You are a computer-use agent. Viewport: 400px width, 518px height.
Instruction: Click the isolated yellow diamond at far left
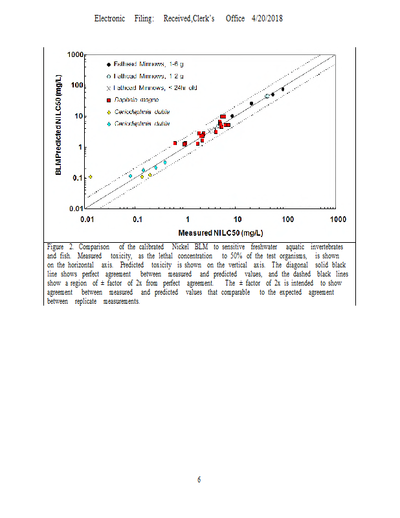tap(90, 176)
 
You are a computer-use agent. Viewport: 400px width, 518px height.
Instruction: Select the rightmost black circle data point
tap(282, 89)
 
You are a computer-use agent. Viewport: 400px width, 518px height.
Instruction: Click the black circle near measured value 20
tap(251, 104)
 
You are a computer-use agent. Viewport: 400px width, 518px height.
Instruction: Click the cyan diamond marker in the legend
tap(108, 123)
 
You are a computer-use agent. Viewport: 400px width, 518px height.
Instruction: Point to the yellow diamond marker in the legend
tap(108, 111)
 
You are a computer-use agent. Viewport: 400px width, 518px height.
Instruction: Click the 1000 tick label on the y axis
tap(76, 56)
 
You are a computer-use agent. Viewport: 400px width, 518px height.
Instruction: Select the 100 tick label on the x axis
tap(287, 220)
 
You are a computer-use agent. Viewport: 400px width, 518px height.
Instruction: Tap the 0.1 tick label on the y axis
tap(78, 178)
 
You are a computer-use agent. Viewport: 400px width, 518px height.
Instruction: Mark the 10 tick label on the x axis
tap(237, 220)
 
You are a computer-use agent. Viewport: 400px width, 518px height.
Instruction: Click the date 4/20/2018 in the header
tap(267, 19)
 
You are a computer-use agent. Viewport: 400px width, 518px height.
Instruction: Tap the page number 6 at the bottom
tap(199, 480)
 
